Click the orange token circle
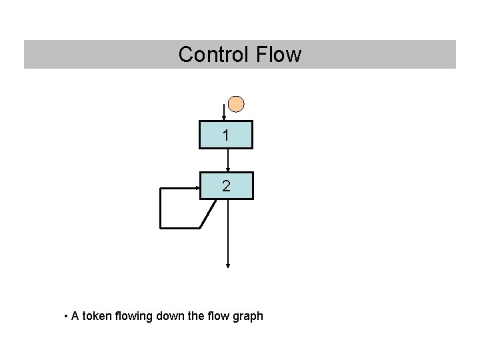(x=236, y=104)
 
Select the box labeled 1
(x=227, y=135)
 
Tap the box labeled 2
(x=227, y=186)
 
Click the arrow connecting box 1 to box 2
(x=228, y=160)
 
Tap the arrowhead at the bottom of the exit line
(x=228, y=265)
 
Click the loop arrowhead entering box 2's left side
(x=197, y=188)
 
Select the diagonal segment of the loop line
(x=208, y=214)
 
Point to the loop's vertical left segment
(x=160, y=208)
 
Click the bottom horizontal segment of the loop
(x=180, y=228)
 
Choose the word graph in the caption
(x=249, y=316)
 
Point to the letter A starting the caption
(x=75, y=316)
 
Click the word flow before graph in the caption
(x=220, y=316)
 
